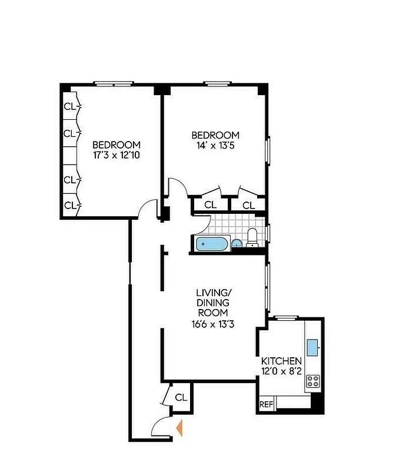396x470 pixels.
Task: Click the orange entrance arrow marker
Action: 180,428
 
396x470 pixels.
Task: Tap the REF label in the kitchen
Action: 267,404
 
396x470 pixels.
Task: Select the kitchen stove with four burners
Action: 312,381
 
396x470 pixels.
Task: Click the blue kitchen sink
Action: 312,345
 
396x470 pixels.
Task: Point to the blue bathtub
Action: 212,244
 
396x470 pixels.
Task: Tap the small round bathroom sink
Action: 237,244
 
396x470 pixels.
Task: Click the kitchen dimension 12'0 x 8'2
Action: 282,371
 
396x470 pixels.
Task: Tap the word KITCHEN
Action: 282,361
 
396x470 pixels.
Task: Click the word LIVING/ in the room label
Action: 212,291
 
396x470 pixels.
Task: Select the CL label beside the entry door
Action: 181,397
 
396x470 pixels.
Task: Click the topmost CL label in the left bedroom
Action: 70,106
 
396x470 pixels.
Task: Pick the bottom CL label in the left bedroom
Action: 70,205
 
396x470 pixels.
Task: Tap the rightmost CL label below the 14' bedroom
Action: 249,205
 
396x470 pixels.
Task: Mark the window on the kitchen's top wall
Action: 287,318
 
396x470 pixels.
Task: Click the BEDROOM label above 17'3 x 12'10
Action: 116,145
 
